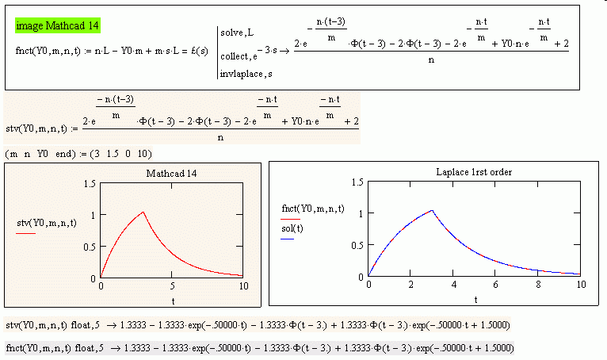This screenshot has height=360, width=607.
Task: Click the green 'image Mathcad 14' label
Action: click(x=58, y=26)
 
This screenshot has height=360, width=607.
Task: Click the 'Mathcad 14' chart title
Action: click(x=172, y=174)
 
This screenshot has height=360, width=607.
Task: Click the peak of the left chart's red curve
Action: click(x=143, y=212)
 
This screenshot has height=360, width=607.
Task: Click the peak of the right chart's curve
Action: click(x=432, y=210)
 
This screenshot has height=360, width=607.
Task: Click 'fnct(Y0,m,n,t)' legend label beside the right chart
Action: click(x=313, y=209)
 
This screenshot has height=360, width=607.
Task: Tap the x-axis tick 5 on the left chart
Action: click(x=172, y=285)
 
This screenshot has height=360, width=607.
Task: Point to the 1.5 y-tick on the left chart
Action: click(x=90, y=183)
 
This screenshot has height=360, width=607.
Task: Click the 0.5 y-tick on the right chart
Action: click(x=357, y=244)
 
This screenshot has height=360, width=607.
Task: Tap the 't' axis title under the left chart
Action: click(x=172, y=301)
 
